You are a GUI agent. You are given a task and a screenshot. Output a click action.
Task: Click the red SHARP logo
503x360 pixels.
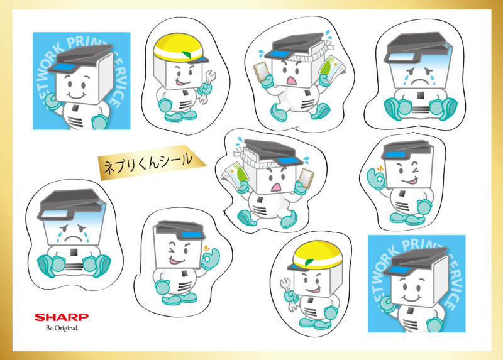point(62,317)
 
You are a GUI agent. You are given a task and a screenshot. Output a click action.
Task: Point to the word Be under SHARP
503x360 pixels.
point(49,328)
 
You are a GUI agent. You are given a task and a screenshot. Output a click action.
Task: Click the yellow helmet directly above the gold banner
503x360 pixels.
point(180,48)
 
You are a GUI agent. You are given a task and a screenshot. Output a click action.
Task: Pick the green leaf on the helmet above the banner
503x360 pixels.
point(187,54)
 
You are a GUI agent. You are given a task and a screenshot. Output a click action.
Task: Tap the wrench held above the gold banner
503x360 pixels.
point(207,87)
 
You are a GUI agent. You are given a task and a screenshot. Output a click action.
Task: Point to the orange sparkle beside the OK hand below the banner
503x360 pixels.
point(206,248)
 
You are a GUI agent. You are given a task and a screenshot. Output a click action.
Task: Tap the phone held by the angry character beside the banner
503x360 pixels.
point(306,178)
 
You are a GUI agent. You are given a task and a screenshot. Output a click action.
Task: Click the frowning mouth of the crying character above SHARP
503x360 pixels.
point(74,239)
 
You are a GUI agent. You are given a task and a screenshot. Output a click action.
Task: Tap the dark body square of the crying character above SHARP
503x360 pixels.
point(74,253)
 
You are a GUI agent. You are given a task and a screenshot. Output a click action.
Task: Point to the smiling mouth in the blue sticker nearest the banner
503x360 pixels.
point(76,95)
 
